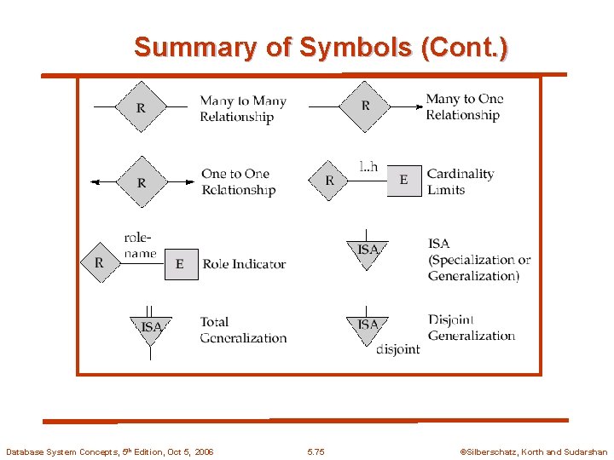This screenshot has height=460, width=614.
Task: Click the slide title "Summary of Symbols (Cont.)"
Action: pyautogui.click(x=321, y=47)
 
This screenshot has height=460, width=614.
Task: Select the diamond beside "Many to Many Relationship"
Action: pyautogui.click(x=140, y=107)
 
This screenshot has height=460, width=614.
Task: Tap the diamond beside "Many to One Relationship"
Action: pyautogui.click(x=365, y=106)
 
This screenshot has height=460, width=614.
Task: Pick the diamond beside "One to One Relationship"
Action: pyautogui.click(x=141, y=181)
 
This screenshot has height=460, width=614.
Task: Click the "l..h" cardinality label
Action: pyautogui.click(x=368, y=166)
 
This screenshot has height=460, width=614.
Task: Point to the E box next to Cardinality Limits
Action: pyautogui.click(x=403, y=180)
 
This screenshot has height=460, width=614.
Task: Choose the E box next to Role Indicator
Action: pyautogui.click(x=179, y=264)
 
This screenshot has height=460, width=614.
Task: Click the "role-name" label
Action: pyautogui.click(x=140, y=245)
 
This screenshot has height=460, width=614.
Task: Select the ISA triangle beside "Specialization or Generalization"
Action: pyautogui.click(x=368, y=251)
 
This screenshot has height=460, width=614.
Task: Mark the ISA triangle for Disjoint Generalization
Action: pyautogui.click(x=368, y=327)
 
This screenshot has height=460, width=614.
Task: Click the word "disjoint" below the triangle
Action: pyautogui.click(x=397, y=349)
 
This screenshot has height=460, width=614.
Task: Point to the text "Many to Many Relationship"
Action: pyautogui.click(x=242, y=109)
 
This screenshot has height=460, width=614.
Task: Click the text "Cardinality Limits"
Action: pyautogui.click(x=460, y=181)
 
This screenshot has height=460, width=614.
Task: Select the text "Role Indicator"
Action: pyautogui.click(x=244, y=264)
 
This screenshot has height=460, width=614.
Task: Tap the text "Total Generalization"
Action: pyautogui.click(x=243, y=330)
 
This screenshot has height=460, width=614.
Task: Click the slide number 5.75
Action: pyautogui.click(x=316, y=451)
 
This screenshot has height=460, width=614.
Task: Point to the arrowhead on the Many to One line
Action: pyautogui.click(x=420, y=106)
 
